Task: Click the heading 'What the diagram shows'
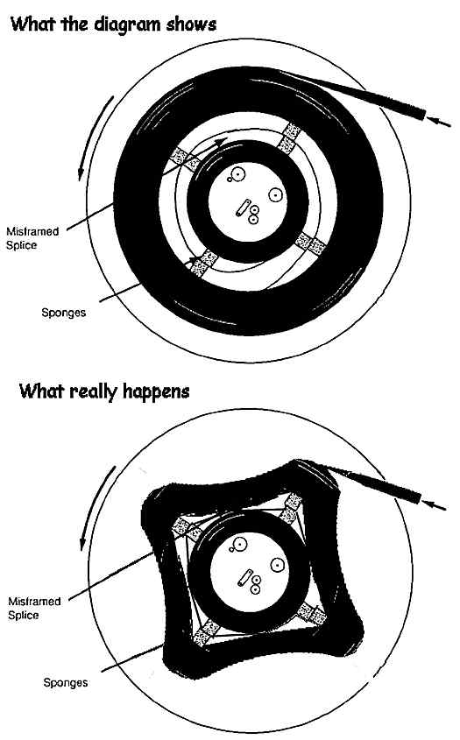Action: click(113, 24)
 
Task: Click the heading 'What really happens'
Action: click(104, 391)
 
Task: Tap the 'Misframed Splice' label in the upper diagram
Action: click(32, 238)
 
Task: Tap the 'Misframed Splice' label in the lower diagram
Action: click(34, 609)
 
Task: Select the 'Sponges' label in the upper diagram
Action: click(64, 313)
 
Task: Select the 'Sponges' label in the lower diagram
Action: click(66, 683)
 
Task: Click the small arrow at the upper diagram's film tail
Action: click(439, 121)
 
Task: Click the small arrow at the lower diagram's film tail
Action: click(434, 504)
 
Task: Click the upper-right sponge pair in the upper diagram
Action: click(289, 137)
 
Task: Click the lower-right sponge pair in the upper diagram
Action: click(310, 243)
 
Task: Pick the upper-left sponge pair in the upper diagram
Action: click(185, 159)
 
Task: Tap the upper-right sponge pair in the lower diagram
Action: click(291, 507)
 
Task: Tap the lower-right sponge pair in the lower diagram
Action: click(311, 614)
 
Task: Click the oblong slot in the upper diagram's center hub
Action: click(244, 208)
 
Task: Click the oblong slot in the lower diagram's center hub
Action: click(245, 578)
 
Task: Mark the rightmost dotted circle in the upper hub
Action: click(276, 194)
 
